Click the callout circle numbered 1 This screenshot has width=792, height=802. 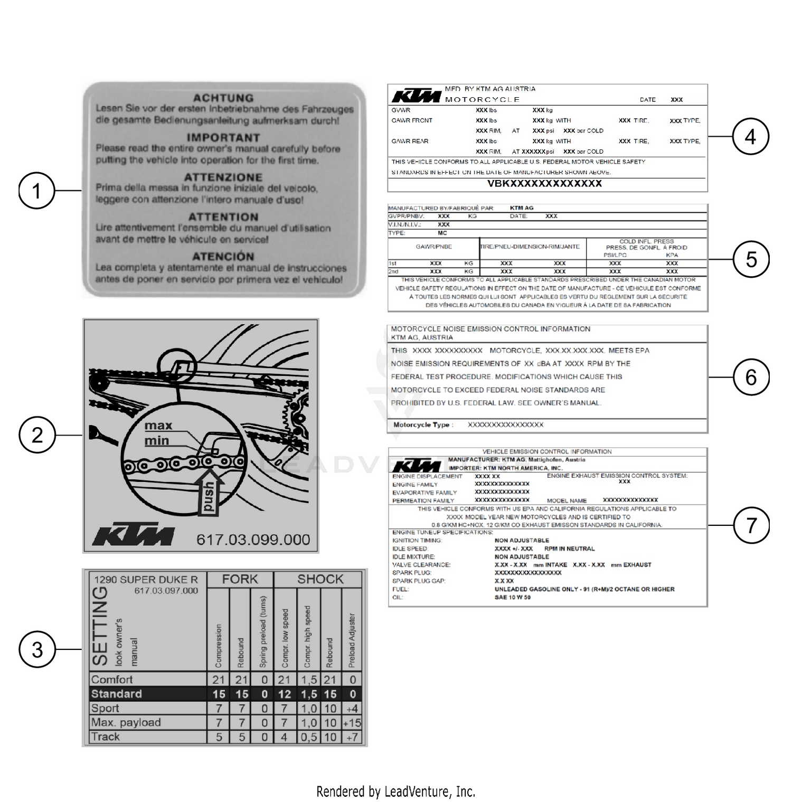[37, 191]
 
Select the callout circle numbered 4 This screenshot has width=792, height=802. [750, 137]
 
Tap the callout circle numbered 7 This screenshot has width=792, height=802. [751, 525]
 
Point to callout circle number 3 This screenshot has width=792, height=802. [37, 649]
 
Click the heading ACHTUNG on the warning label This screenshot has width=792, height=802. [223, 98]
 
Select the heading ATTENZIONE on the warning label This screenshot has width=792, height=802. [223, 177]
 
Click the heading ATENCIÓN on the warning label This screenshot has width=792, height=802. [223, 257]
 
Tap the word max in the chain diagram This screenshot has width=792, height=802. [158, 426]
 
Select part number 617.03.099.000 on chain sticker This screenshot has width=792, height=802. [253, 540]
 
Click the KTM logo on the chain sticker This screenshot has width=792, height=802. [133, 536]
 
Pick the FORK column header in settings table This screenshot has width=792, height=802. [240, 579]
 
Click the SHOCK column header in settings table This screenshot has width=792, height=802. [320, 579]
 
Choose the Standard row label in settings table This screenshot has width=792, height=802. [117, 694]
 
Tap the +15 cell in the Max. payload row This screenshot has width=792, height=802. [352, 723]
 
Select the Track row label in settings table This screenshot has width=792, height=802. [106, 737]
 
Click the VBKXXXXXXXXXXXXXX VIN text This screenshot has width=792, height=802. [544, 184]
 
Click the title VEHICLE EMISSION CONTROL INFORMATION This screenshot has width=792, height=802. [546, 452]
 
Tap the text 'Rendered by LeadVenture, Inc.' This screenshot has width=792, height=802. [395, 791]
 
